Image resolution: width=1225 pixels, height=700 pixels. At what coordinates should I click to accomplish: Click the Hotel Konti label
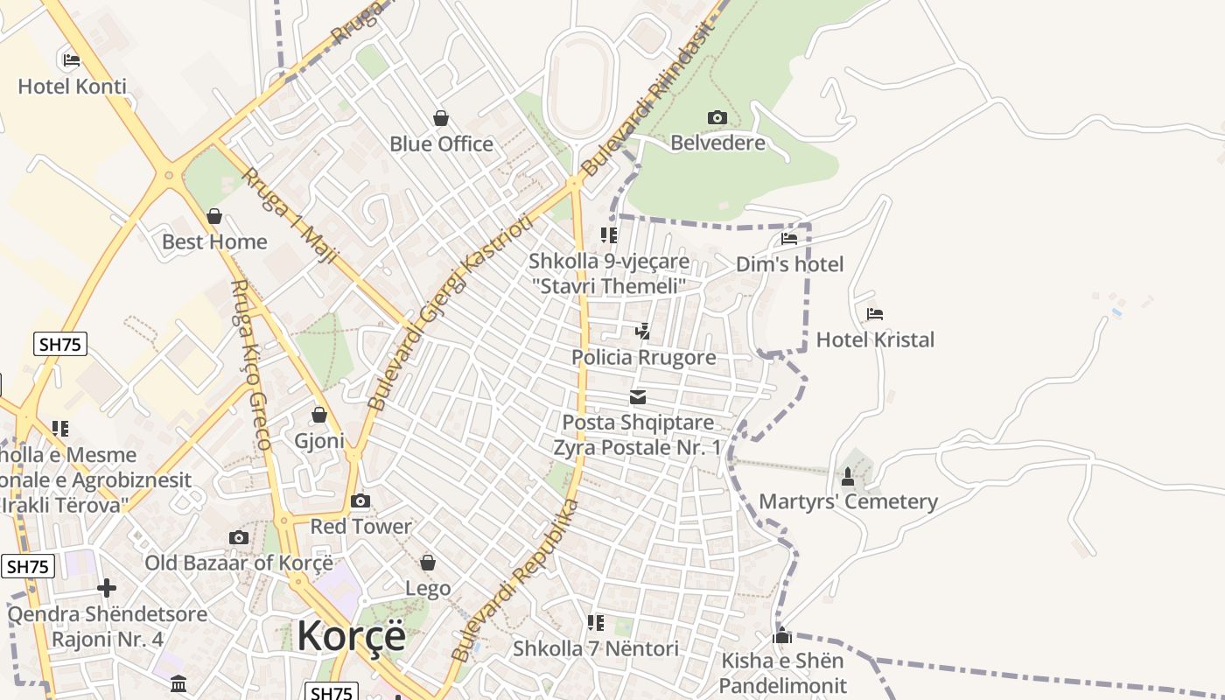(x=72, y=87)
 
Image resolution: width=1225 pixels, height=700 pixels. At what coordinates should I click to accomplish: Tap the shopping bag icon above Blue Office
(x=441, y=118)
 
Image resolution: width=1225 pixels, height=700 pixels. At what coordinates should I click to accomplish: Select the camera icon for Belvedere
(x=717, y=117)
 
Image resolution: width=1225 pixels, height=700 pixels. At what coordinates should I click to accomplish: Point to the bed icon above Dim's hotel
(x=788, y=239)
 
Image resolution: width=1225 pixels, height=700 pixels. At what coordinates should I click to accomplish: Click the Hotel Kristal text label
(x=875, y=339)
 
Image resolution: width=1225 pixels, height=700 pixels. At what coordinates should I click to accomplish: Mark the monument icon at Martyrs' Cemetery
(x=847, y=477)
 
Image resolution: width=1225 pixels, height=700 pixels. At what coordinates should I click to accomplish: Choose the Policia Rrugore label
(x=643, y=357)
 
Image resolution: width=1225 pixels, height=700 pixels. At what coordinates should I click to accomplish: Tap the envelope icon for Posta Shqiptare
(x=638, y=397)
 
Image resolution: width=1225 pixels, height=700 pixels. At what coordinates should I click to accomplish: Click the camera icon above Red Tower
(x=360, y=500)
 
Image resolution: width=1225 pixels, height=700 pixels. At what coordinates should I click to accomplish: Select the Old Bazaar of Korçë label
(x=238, y=563)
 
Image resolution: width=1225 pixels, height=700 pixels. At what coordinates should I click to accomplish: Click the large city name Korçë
(x=351, y=636)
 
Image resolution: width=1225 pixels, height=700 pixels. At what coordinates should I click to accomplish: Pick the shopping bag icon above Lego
(x=428, y=563)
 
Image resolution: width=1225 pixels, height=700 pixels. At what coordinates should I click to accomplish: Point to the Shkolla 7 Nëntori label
(x=595, y=648)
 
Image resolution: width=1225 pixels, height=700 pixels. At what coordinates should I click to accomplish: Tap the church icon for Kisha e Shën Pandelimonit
(x=782, y=635)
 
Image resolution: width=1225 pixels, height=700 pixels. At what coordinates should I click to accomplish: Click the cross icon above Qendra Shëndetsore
(x=107, y=588)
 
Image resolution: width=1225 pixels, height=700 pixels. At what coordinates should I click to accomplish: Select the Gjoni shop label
(x=319, y=440)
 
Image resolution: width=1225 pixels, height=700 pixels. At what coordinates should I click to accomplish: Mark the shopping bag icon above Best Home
(x=214, y=216)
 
